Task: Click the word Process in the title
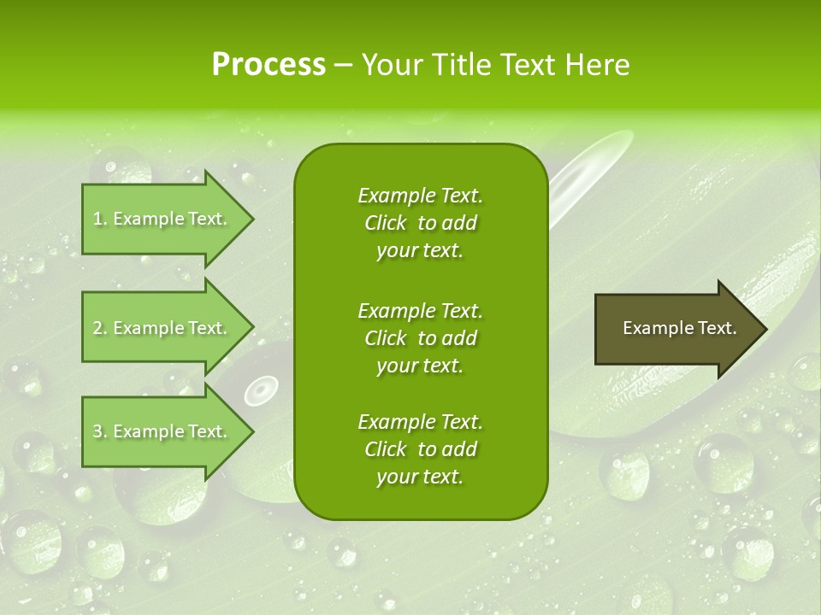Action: coord(269,65)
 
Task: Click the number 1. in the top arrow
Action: coord(100,220)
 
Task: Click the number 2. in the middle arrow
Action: coord(100,329)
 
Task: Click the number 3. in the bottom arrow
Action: coord(100,432)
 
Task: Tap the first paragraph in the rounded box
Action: coord(420,223)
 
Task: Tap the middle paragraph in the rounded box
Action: coord(420,337)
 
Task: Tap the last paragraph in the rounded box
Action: coord(420,449)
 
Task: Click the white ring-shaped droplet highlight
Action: coord(260,391)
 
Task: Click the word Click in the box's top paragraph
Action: coord(385,224)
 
